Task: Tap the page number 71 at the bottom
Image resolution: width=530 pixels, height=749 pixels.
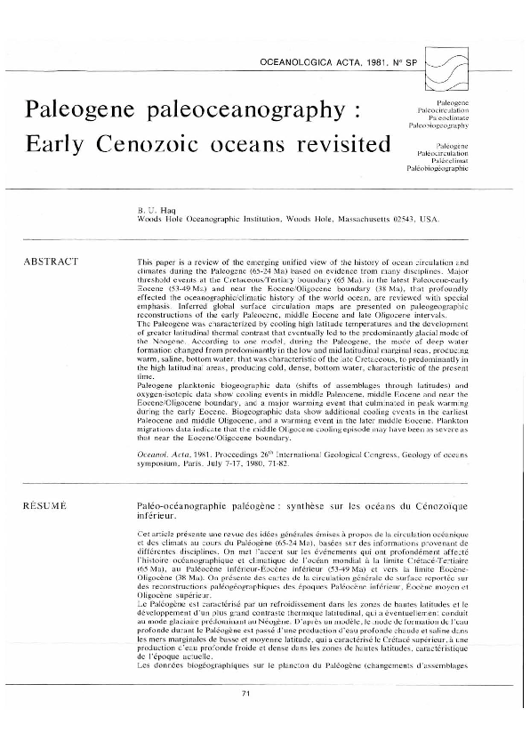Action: coord(265,717)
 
